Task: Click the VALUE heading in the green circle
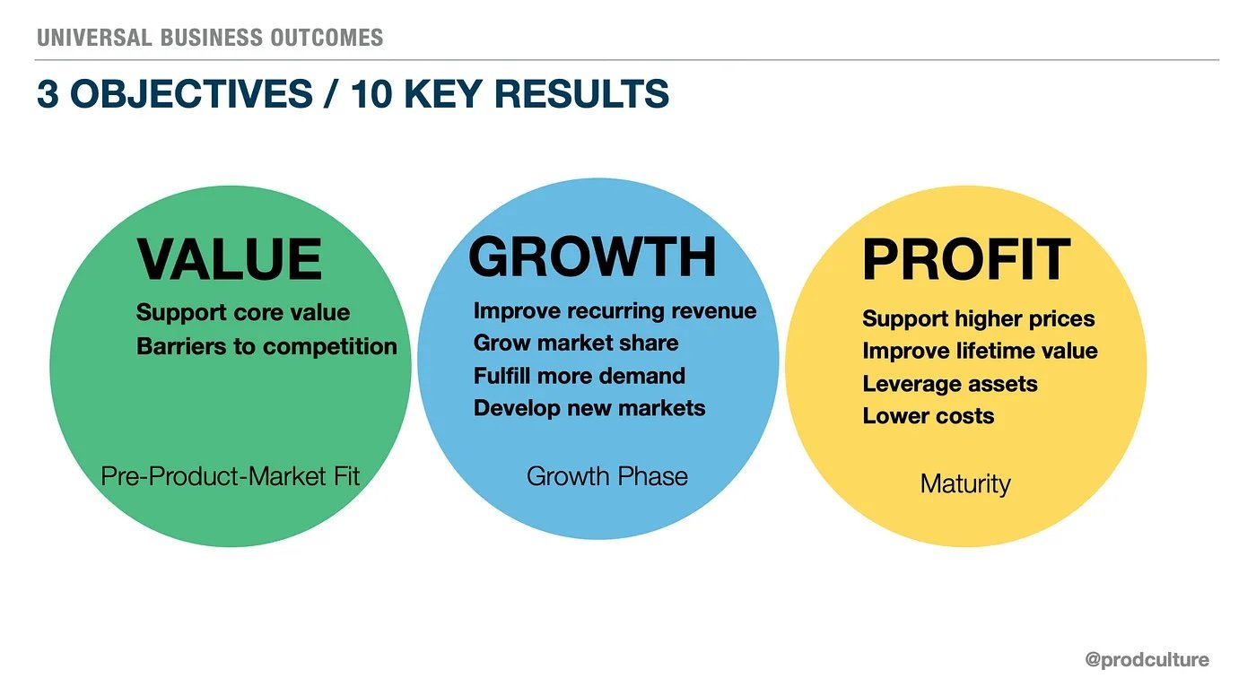click(230, 259)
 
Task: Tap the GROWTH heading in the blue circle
click(592, 257)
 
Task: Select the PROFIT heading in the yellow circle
click(966, 259)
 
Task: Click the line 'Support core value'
click(243, 312)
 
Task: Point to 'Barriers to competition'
click(267, 346)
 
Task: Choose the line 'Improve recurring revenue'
click(615, 311)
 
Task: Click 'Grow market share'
click(576, 343)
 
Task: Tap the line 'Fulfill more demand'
click(580, 376)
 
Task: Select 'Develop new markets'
click(589, 408)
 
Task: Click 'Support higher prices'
click(979, 319)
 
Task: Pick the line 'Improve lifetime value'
click(980, 351)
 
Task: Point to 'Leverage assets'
click(950, 384)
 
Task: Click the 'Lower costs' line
click(928, 416)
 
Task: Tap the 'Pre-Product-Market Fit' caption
click(230, 477)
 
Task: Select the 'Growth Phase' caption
click(607, 477)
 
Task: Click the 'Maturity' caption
click(965, 484)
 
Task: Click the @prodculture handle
click(1147, 659)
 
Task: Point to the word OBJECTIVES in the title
click(191, 93)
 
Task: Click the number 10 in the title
click(371, 93)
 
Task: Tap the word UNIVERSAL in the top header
click(94, 38)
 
